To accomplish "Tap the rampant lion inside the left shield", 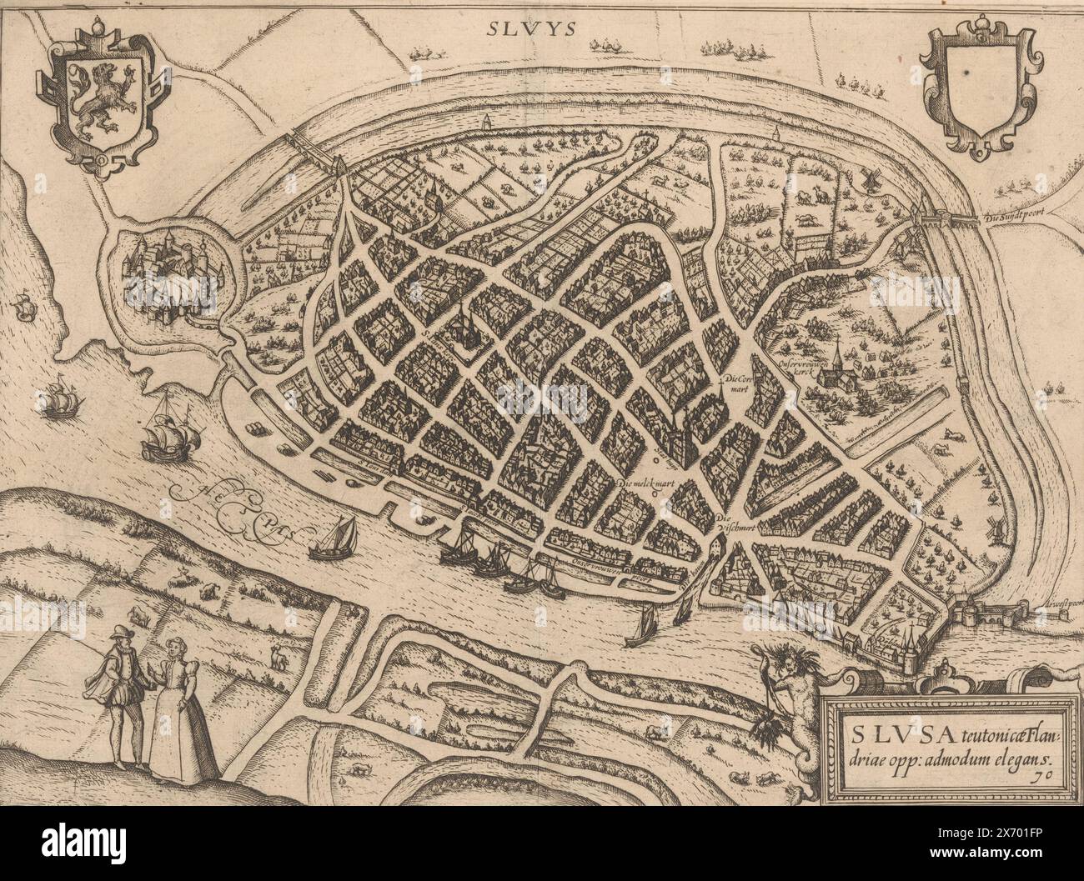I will [x=101, y=100].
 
